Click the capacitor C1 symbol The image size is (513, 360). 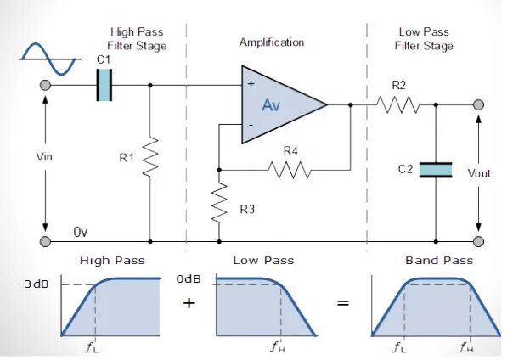(x=104, y=85)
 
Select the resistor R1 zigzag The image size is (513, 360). (x=150, y=157)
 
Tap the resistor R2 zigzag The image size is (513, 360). (x=397, y=104)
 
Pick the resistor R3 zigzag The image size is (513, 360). (x=219, y=203)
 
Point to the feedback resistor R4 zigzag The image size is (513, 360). (x=290, y=170)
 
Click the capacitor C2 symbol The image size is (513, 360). (x=436, y=170)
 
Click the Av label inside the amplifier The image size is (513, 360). (x=271, y=105)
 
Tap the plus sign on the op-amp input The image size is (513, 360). (x=251, y=84)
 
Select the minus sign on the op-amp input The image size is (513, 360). (x=251, y=125)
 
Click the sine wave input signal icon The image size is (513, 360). (x=50, y=59)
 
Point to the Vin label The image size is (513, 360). (x=44, y=157)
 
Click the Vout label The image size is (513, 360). (x=479, y=173)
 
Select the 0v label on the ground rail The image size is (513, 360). (x=81, y=232)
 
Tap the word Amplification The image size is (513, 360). (x=272, y=42)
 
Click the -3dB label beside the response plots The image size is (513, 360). (x=34, y=284)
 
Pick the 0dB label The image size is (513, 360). (x=189, y=278)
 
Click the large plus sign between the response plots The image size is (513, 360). (x=189, y=303)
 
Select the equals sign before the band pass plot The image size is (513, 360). (x=343, y=303)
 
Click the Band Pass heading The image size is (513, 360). (x=439, y=261)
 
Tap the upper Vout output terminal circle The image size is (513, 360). (x=479, y=104)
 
